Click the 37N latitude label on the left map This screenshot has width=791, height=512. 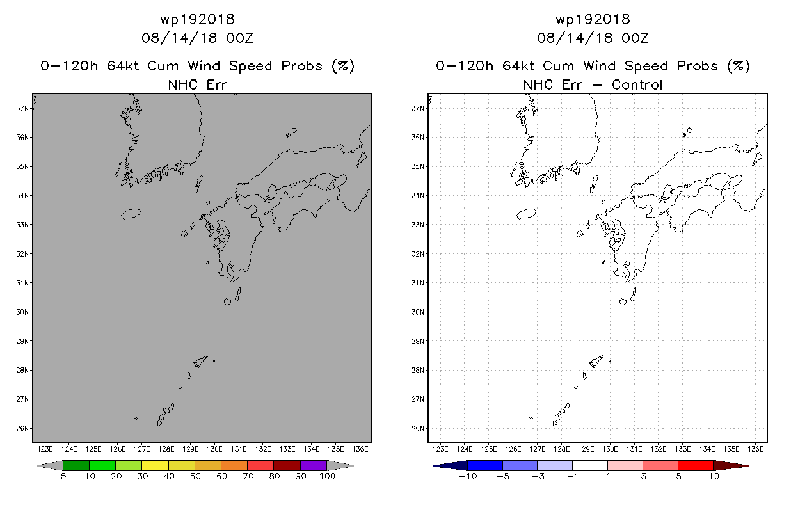pyautogui.click(x=22, y=108)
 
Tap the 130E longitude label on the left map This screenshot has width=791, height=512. pyautogui.click(x=214, y=449)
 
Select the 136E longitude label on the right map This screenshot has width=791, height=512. pyautogui.click(x=755, y=449)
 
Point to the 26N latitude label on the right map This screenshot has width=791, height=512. pyautogui.click(x=418, y=428)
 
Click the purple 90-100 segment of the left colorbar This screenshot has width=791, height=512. pyautogui.click(x=314, y=465)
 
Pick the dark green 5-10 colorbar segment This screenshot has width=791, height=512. pyautogui.click(x=76, y=465)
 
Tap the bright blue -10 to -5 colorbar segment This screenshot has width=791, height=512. pyautogui.click(x=485, y=465)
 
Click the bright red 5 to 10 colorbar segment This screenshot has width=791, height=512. pyautogui.click(x=695, y=465)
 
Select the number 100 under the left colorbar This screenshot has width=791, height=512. pyautogui.click(x=327, y=476)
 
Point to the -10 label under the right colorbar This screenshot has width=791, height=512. pyautogui.click(x=468, y=476)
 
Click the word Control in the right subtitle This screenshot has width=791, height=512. pyautogui.click(x=637, y=85)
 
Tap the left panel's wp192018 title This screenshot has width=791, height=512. pyautogui.click(x=197, y=19)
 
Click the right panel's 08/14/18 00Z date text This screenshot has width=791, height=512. pyautogui.click(x=593, y=38)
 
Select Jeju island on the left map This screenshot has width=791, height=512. pyautogui.click(x=131, y=214)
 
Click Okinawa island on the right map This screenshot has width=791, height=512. pyautogui.click(x=561, y=415)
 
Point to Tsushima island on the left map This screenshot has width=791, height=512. pyautogui.click(x=198, y=184)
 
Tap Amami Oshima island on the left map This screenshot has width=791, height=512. pyautogui.click(x=200, y=362)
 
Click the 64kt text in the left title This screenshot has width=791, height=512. pyautogui.click(x=123, y=66)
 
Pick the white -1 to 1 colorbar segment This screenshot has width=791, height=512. pyautogui.click(x=590, y=465)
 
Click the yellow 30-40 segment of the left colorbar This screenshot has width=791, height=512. pyautogui.click(x=155, y=465)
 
